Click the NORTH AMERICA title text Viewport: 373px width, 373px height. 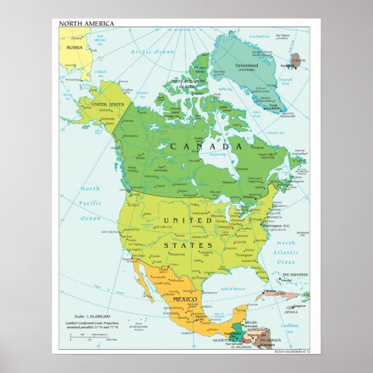tap(86, 23)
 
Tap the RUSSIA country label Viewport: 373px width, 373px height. tap(74, 47)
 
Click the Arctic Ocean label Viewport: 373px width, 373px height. tap(152, 52)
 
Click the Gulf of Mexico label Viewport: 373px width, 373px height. tap(233, 288)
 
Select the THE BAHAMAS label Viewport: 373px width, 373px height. tap(295, 275)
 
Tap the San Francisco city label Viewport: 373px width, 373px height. tap(110, 232)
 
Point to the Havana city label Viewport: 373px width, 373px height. tap(268, 290)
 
